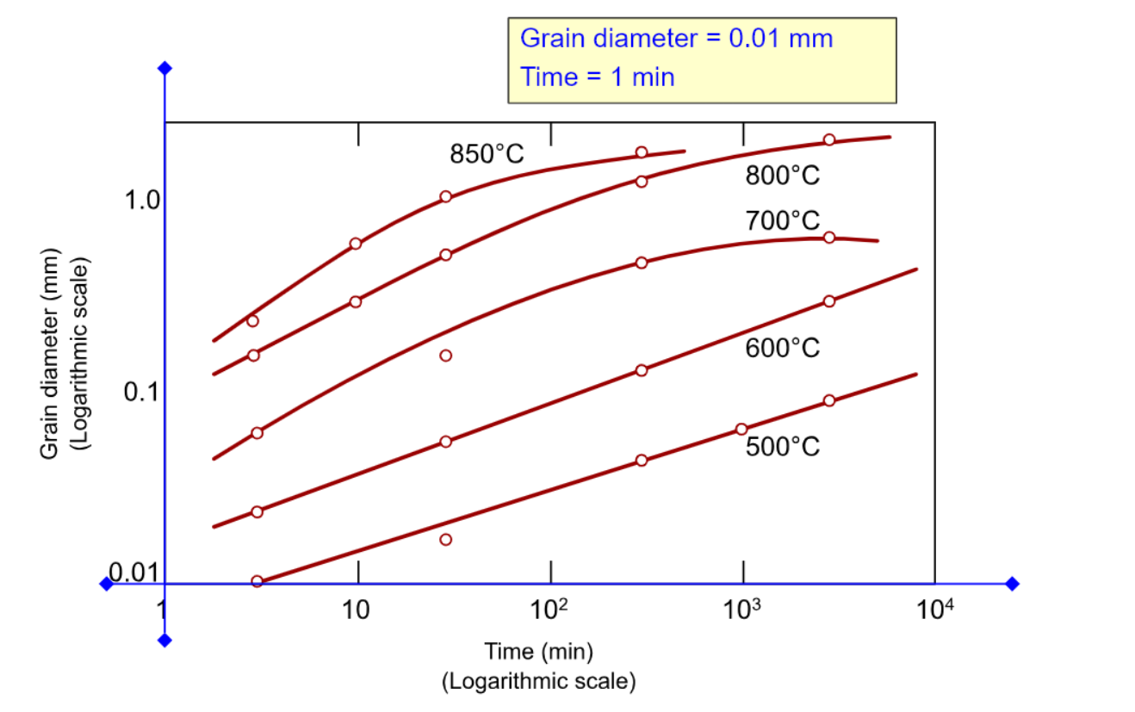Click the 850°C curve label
coord(487,155)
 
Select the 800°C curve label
coord(782,176)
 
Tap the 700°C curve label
coord(782,221)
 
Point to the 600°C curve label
coord(782,349)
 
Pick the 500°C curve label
coord(782,448)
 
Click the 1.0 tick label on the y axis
coord(142,201)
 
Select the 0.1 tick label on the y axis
coord(142,393)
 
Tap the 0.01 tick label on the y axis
coord(133,573)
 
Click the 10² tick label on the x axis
coord(549,611)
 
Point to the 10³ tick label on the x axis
coord(742,611)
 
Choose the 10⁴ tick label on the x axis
coord(934,611)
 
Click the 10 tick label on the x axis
coord(356,611)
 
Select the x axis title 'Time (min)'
coord(538,651)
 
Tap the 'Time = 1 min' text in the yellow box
coord(598,77)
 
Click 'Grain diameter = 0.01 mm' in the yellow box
coord(677,39)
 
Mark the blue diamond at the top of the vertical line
coord(165,69)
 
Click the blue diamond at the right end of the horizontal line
coord(1012,584)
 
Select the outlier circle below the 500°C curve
coord(445,540)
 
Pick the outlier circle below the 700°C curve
coord(445,356)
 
